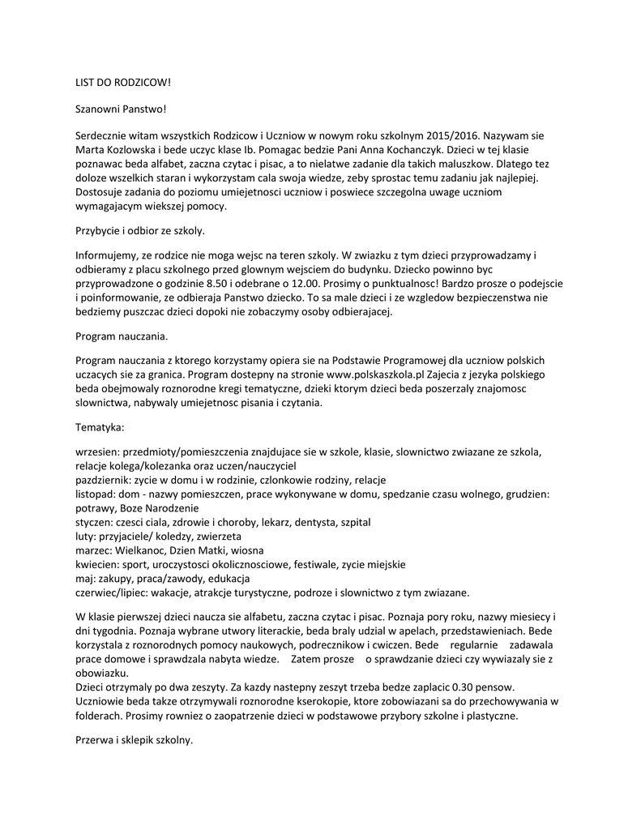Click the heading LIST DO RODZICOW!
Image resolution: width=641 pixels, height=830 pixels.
[123, 83]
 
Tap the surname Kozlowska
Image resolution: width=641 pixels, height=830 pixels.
[138, 150]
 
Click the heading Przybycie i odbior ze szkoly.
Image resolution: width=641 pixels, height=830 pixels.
[140, 230]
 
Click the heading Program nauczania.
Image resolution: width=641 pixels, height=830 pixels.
[122, 335]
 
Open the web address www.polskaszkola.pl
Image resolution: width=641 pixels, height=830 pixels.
[377, 374]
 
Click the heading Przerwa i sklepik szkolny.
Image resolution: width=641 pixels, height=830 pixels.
[134, 739]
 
